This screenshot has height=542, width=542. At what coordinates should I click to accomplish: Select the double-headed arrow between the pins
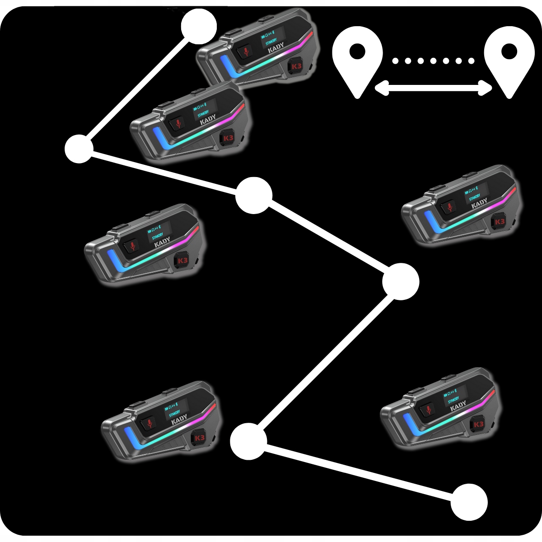point(433,88)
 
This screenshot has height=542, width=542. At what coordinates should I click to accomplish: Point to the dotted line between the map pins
point(433,61)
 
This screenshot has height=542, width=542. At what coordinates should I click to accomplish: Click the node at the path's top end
point(199,26)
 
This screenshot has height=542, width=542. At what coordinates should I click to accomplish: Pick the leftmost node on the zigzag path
point(79,149)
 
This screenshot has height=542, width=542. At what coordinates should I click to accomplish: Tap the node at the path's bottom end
point(469,502)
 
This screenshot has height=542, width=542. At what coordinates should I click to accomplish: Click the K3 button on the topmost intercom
point(296,66)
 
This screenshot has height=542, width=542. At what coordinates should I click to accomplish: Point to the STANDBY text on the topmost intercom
point(271,42)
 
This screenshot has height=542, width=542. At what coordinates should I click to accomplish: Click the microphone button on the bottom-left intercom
point(150,423)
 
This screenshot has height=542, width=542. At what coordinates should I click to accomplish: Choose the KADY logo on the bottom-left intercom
point(179,420)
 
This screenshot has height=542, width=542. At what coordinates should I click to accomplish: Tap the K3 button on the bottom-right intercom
point(478,424)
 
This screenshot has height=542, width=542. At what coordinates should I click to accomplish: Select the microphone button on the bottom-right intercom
point(428,410)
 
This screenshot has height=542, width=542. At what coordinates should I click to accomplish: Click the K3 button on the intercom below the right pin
point(499,222)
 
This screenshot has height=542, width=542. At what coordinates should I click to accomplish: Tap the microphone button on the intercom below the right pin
point(449,207)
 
